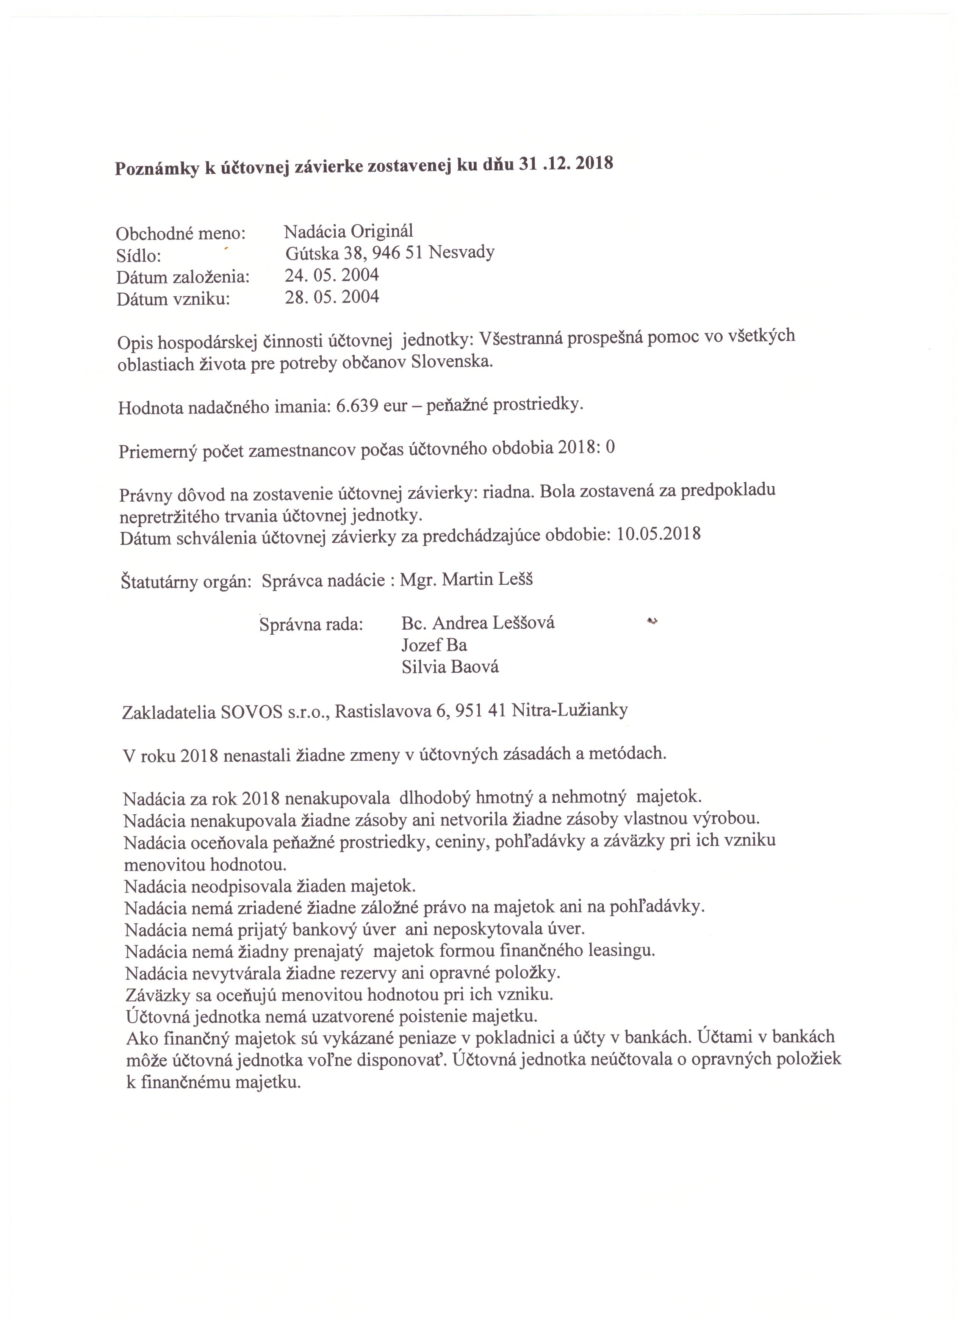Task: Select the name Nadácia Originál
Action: click(x=349, y=231)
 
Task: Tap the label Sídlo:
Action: click(x=138, y=256)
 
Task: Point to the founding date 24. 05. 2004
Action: click(x=332, y=275)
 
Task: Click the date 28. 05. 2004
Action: click(x=332, y=297)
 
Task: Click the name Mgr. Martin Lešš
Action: click(x=467, y=580)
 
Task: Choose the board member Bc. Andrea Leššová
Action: click(x=478, y=623)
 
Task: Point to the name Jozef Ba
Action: click(x=434, y=645)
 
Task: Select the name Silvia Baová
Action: click(x=450, y=667)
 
